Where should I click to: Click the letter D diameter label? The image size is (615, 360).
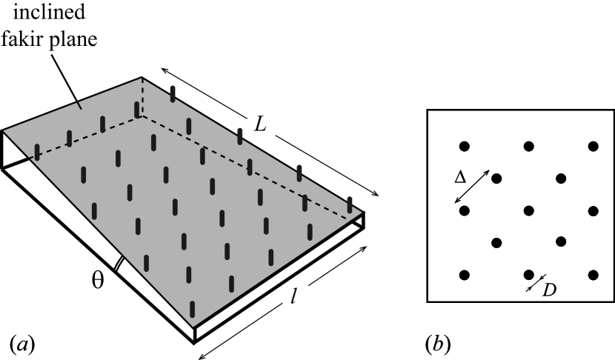(x=549, y=289)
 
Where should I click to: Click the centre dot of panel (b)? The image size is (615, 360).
(x=528, y=211)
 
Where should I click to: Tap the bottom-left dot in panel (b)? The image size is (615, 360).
(x=465, y=275)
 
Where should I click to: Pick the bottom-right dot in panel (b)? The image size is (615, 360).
(x=593, y=275)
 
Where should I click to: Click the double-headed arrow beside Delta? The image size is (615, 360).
(x=472, y=187)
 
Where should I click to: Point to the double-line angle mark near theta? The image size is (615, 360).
(x=118, y=264)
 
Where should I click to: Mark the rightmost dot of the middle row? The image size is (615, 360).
(x=593, y=211)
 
